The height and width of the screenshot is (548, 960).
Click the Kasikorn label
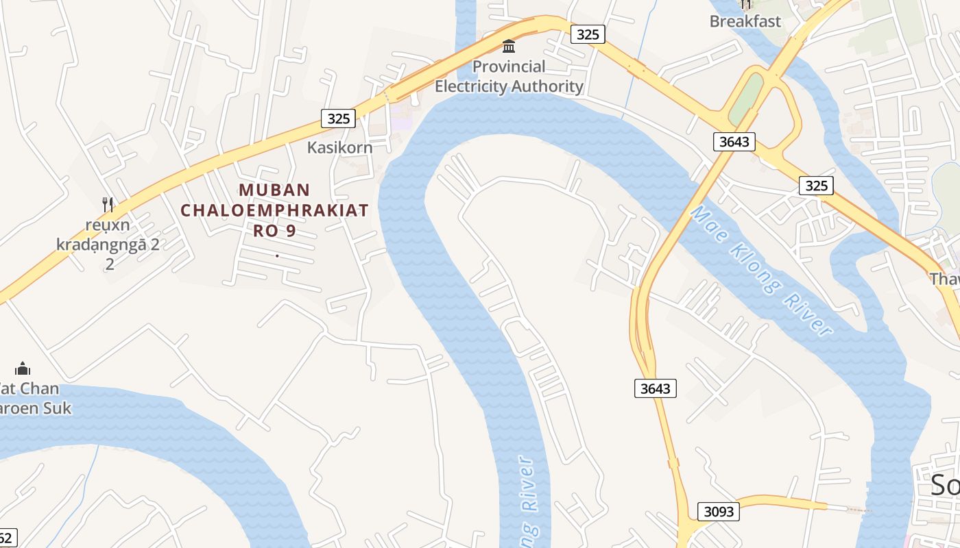click(339, 147)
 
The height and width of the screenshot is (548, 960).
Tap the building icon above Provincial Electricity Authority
click(509, 47)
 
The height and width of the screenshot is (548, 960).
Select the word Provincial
click(509, 66)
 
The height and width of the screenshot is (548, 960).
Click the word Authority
click(542, 86)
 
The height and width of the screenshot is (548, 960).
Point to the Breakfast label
click(745, 21)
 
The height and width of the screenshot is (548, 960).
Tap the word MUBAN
click(274, 190)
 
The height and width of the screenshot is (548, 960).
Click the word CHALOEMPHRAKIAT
click(274, 210)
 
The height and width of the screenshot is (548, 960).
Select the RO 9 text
click(274, 230)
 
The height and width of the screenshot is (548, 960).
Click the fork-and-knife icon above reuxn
click(107, 204)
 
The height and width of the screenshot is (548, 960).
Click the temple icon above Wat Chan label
click(23, 369)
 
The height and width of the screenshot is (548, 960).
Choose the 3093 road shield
click(719, 511)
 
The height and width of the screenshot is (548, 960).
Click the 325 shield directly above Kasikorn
click(338, 119)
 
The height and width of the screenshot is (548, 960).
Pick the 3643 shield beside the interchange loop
click(734, 142)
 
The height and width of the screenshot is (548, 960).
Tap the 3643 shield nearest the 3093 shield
click(655, 388)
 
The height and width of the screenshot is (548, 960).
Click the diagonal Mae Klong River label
click(760, 271)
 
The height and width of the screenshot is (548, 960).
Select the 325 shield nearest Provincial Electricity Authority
click(588, 34)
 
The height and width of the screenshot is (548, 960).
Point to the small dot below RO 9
click(276, 256)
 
